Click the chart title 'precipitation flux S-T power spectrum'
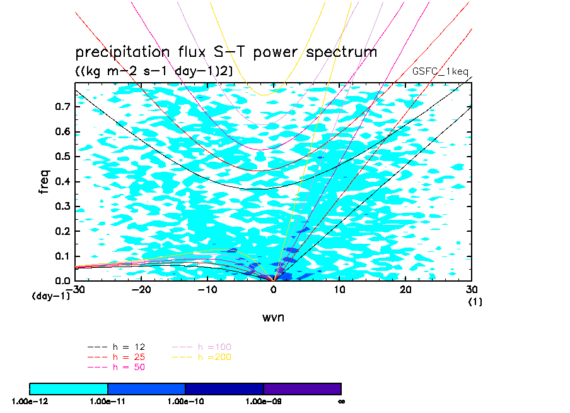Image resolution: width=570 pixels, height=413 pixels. pos(226,52)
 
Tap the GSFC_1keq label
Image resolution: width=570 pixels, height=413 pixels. pos(440,71)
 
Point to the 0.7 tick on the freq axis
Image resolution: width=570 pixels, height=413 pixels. pos(61,107)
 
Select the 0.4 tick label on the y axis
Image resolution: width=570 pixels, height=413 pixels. pos(61,182)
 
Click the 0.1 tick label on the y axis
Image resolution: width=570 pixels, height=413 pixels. pos(61,256)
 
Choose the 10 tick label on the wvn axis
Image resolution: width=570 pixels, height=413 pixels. pos(340,289)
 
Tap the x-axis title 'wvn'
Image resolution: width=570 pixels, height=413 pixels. pos(273,317)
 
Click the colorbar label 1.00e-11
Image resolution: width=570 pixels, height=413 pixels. pos(107,401)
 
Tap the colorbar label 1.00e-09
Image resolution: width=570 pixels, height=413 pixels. pos(263,401)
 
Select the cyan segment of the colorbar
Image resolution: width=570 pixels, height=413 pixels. pos(69,388)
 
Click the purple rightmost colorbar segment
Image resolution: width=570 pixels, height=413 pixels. pos(302,388)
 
